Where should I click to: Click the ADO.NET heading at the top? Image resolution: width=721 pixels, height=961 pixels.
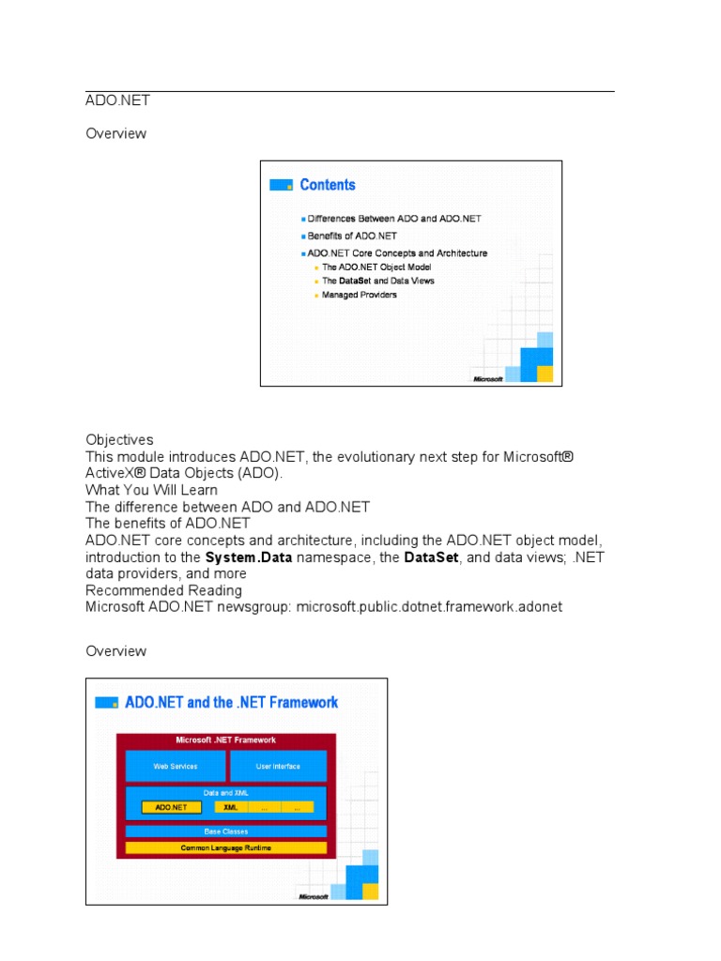[117, 100]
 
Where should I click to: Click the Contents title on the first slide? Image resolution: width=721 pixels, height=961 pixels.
[327, 185]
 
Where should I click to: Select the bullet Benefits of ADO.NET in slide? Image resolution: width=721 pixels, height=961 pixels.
[352, 236]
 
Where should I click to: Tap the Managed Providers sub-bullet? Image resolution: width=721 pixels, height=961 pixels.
[359, 295]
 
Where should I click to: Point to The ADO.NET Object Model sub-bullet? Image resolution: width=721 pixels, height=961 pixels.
[376, 267]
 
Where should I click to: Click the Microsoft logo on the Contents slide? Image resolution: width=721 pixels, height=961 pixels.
[488, 378]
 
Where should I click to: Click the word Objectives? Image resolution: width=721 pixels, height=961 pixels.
[119, 439]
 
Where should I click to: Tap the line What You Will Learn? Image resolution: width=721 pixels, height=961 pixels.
[151, 490]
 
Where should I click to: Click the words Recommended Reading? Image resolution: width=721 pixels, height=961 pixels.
[163, 590]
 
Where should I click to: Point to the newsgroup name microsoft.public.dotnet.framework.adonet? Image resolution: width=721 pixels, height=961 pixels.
[429, 607]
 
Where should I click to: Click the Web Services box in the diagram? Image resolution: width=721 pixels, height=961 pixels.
[176, 766]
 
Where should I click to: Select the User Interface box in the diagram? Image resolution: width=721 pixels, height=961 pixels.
[278, 766]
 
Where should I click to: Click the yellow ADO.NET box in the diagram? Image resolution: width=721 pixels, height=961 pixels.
[171, 807]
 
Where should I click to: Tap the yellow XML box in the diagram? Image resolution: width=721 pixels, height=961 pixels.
[230, 807]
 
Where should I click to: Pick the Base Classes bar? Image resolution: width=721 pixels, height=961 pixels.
[226, 831]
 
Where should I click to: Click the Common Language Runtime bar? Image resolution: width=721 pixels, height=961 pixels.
[226, 847]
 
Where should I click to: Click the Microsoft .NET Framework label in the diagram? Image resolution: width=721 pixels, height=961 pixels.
[226, 740]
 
